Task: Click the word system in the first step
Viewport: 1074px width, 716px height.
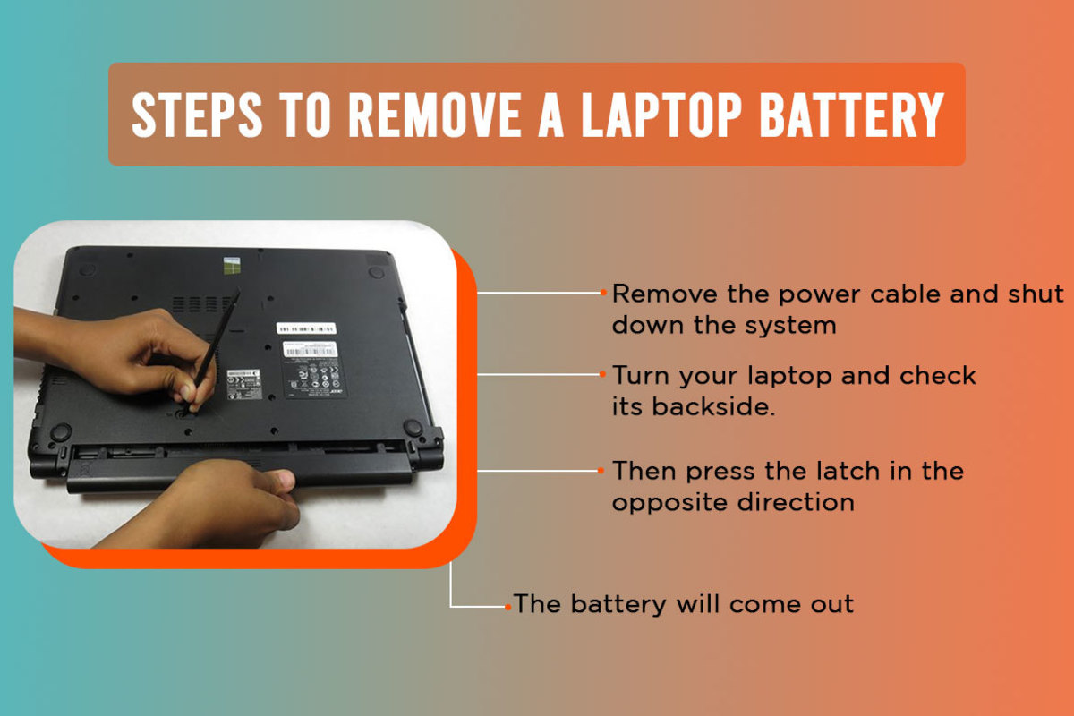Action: click(788, 324)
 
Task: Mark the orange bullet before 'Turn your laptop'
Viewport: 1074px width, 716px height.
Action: click(604, 374)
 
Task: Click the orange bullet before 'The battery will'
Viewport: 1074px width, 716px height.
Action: click(507, 605)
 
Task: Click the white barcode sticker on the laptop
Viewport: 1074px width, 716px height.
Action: click(307, 327)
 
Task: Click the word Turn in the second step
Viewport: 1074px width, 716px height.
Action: click(644, 375)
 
